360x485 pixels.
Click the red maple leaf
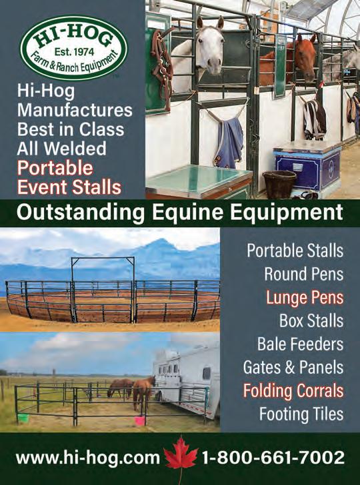click(181, 454)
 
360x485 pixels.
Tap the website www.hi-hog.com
click(87, 458)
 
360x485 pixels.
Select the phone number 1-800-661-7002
click(273, 458)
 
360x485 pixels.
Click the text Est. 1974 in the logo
click(74, 51)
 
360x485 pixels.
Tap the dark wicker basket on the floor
click(279, 184)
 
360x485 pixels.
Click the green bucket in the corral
click(23, 418)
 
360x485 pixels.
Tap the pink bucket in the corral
click(139, 420)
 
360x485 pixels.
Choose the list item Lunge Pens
click(305, 298)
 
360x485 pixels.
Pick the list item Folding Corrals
click(293, 390)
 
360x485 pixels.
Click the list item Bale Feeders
click(300, 344)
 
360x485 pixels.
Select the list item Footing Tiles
click(301, 414)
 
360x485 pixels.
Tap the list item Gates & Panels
click(293, 367)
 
